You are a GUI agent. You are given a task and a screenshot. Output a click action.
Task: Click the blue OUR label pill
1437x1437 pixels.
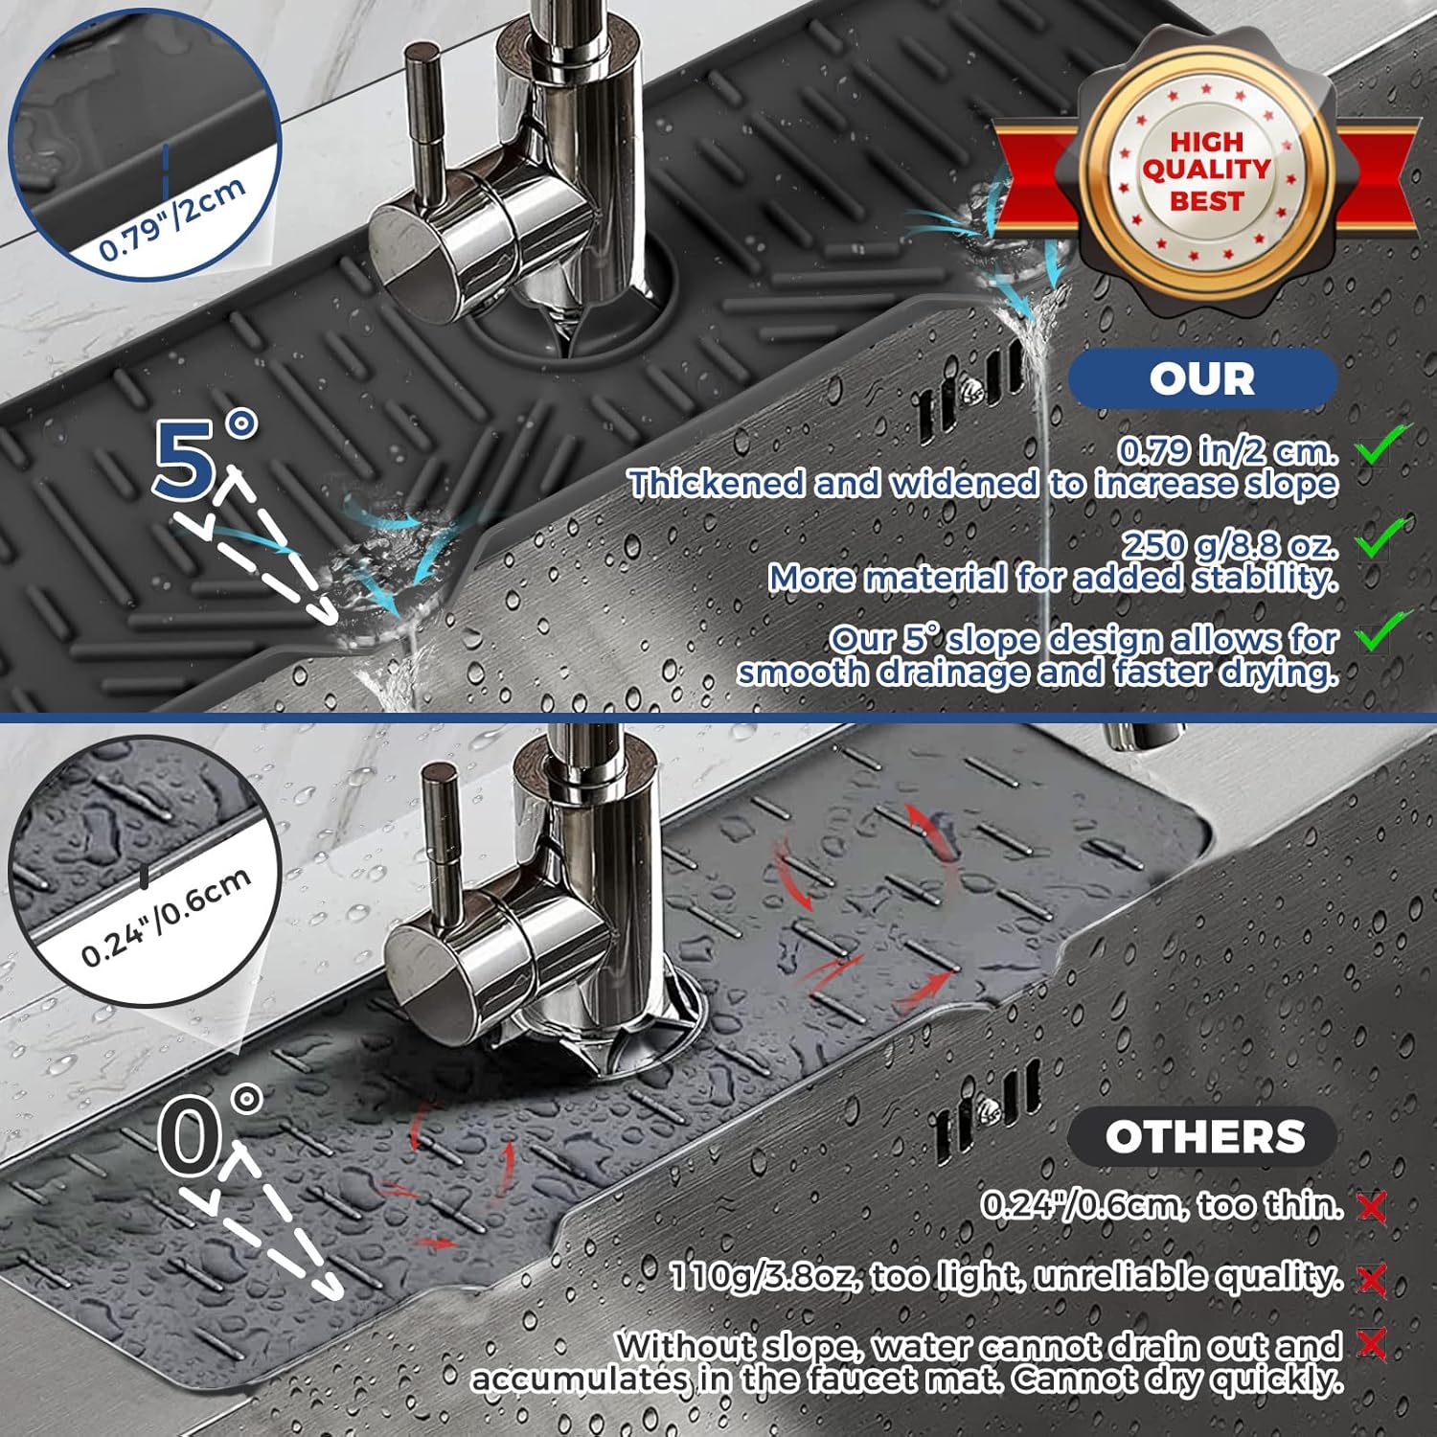click(1202, 378)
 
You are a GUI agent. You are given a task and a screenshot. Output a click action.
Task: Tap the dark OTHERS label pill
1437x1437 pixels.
click(1203, 1137)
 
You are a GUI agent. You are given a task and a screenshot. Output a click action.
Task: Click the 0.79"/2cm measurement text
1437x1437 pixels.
click(172, 219)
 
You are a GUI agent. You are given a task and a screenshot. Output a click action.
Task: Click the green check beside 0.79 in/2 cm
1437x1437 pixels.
click(1383, 444)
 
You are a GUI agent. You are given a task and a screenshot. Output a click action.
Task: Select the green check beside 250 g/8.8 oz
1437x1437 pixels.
click(1383, 537)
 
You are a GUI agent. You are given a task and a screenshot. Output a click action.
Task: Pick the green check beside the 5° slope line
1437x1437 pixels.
click(1383, 631)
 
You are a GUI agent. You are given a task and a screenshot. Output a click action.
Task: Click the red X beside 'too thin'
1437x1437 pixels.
click(1373, 1208)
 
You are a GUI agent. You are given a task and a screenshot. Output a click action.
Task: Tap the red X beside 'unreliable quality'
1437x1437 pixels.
click(1373, 1279)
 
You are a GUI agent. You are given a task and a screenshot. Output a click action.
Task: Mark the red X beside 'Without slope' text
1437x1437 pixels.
click(1373, 1344)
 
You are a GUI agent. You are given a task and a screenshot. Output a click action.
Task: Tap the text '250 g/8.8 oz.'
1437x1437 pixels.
click(1229, 544)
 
